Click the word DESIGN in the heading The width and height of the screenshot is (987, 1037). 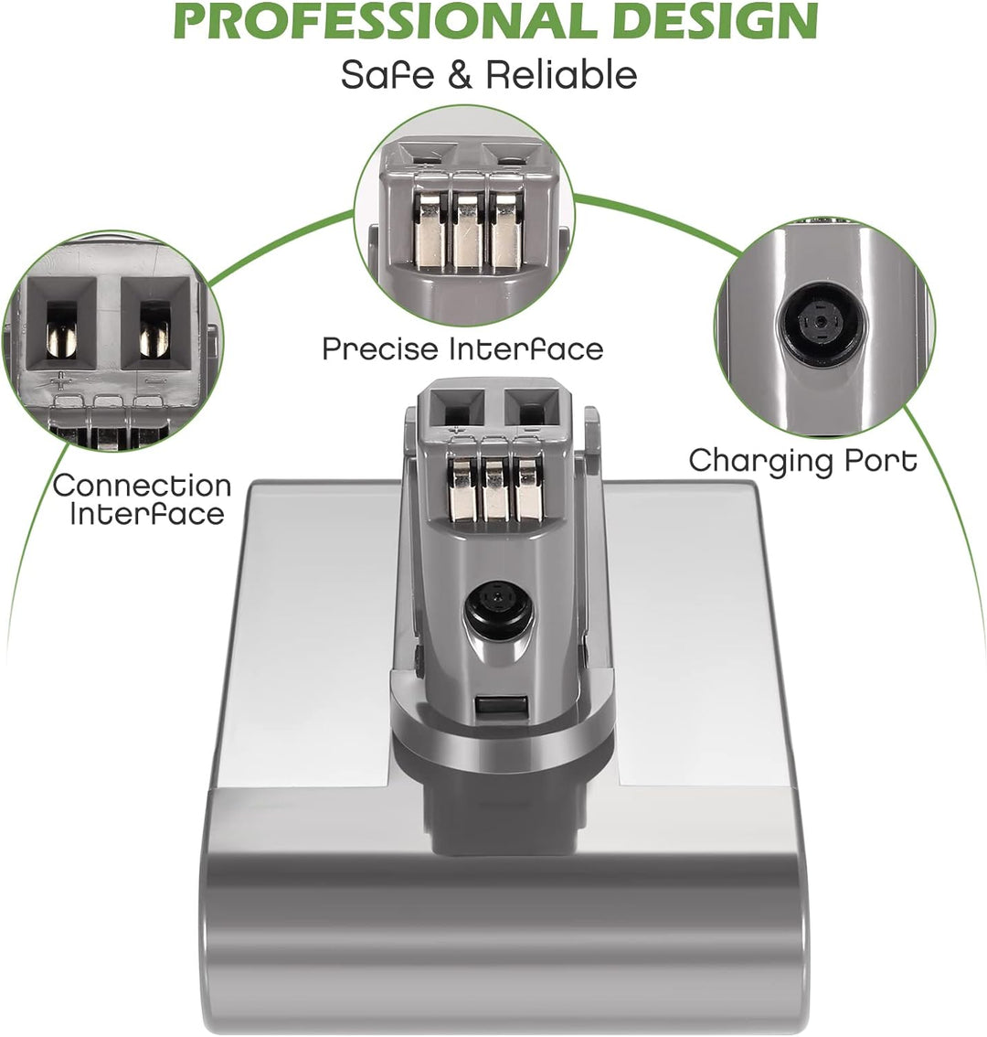point(716,23)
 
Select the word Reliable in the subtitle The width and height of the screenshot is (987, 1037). point(561,74)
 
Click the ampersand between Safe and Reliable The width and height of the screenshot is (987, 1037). point(460,75)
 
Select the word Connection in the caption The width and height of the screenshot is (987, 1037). point(143,486)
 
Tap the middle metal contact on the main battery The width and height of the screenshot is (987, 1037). point(495,488)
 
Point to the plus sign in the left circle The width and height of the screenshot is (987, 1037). point(61,381)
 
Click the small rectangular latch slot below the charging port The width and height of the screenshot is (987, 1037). point(501,706)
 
